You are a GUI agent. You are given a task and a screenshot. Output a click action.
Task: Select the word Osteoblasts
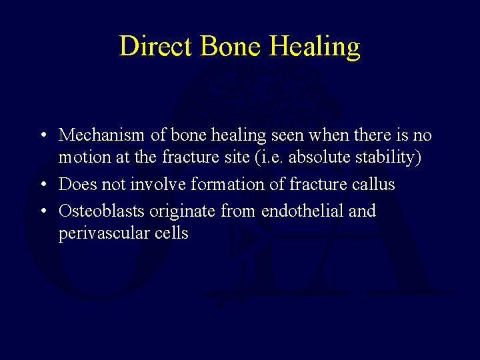[x=101, y=211]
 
